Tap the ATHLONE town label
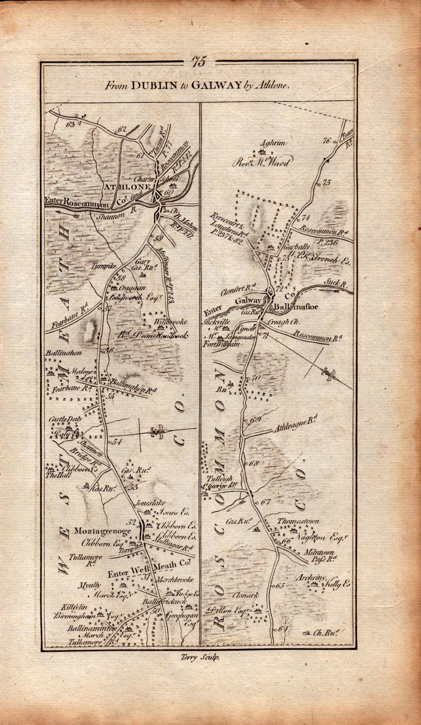(x=128, y=187)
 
